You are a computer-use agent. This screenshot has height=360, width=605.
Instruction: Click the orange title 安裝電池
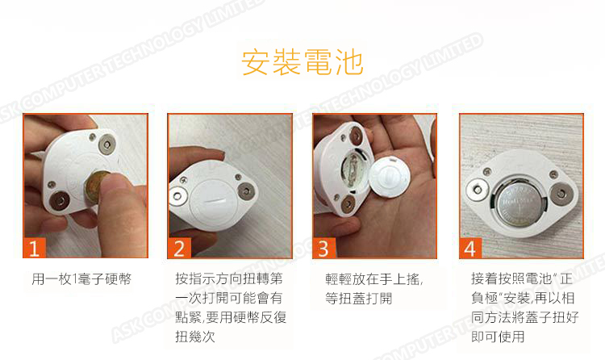click(302, 62)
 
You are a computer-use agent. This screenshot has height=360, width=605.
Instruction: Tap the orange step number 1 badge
click(35, 248)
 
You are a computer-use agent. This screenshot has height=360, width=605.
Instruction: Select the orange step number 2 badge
click(179, 248)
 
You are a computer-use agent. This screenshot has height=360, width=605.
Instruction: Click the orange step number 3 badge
click(324, 248)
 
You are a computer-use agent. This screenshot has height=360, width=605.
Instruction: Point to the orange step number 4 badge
click(470, 248)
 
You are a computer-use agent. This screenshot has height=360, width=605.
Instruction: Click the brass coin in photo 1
click(96, 186)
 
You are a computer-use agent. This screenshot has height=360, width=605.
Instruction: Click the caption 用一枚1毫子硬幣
click(81, 279)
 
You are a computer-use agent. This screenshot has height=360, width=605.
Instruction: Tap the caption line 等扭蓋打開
click(358, 298)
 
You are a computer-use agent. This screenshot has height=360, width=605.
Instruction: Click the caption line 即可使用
click(498, 337)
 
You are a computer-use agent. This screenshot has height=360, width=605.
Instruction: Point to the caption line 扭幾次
click(195, 337)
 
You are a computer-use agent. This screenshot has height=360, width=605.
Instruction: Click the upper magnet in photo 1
click(106, 144)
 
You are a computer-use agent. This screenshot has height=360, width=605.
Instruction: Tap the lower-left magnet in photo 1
click(60, 200)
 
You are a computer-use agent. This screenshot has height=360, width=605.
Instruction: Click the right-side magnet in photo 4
click(561, 194)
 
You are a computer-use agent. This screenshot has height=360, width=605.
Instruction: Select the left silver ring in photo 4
click(478, 190)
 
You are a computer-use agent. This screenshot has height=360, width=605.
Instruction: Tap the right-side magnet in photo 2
click(246, 190)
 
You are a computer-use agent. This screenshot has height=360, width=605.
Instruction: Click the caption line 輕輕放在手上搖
click(373, 279)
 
